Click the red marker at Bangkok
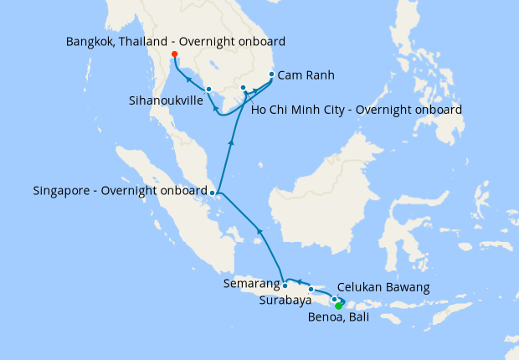[174, 54]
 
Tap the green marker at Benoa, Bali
[338, 306]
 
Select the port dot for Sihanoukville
[208, 89]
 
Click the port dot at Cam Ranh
[271, 75]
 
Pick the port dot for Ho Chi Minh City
[243, 88]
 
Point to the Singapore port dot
[213, 193]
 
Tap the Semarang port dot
[285, 285]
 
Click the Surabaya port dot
[311, 290]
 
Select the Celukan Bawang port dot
[334, 299]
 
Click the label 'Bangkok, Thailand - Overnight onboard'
[176, 41]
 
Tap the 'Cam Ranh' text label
[306, 75]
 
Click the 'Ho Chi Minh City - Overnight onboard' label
[356, 110]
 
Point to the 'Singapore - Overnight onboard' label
[120, 191]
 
